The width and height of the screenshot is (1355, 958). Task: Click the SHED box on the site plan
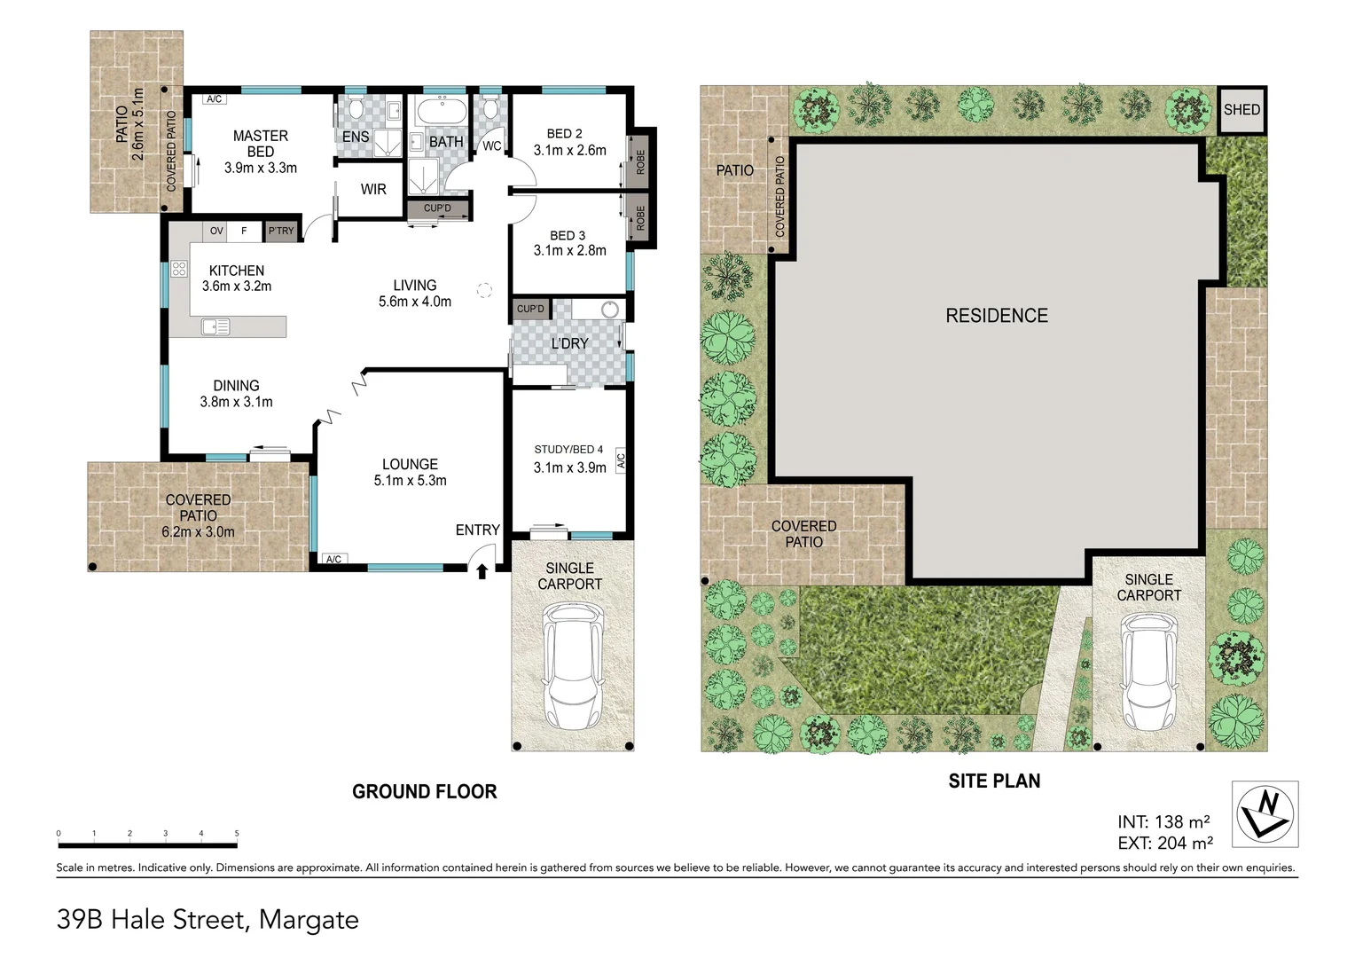pyautogui.click(x=1241, y=110)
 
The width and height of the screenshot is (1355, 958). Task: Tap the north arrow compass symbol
pyautogui.click(x=1265, y=813)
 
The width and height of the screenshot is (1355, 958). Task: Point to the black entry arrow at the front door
pyautogui.click(x=482, y=571)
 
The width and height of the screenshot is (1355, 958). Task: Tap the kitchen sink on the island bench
pyautogui.click(x=215, y=327)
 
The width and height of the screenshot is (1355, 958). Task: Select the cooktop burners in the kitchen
pyautogui.click(x=179, y=269)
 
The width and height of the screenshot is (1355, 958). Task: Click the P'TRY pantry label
pyautogui.click(x=280, y=232)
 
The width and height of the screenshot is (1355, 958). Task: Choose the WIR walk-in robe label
pyautogui.click(x=373, y=189)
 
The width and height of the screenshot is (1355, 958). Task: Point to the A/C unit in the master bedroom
pyautogui.click(x=215, y=99)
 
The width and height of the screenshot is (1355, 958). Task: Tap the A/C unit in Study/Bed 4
pyautogui.click(x=621, y=460)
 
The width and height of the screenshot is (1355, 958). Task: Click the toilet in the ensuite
pyautogui.click(x=356, y=110)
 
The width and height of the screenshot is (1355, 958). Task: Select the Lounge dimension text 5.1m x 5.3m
pyautogui.click(x=410, y=481)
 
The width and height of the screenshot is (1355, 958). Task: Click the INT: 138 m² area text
pyautogui.click(x=1163, y=822)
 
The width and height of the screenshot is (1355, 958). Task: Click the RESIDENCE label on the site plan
pyautogui.click(x=997, y=316)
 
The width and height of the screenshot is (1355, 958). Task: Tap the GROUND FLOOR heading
pyautogui.click(x=424, y=792)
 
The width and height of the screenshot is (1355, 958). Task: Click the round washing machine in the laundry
pyautogui.click(x=609, y=310)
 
